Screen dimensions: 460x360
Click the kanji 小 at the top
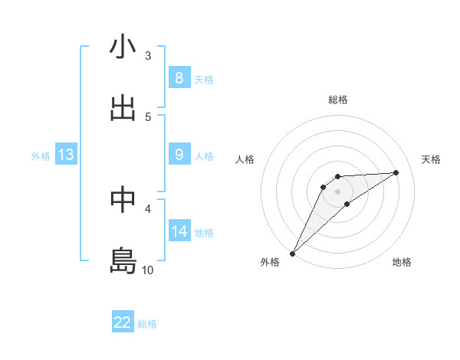pos(123,47)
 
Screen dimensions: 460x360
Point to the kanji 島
pos(123,260)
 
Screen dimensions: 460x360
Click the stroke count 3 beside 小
pos(148,56)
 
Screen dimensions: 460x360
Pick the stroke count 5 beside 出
pos(148,116)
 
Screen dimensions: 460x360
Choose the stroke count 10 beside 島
pos(148,270)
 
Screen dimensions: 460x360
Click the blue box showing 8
pos(179,78)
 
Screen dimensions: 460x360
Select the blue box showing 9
pos(179,155)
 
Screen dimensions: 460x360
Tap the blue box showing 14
pos(179,231)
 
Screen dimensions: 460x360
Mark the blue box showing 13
pos(66,155)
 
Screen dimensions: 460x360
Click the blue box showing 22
pos(123,322)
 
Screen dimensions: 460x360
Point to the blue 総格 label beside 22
pos(148,324)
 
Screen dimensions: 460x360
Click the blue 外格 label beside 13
pos(41,156)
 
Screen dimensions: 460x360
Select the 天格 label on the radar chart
pos(431,159)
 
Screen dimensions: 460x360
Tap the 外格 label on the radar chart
pos(270,262)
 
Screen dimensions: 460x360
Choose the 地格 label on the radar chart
pos(402,262)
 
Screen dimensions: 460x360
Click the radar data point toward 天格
pos(396,172)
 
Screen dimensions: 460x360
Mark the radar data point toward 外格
pos(292,254)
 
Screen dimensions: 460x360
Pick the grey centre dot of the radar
pos(337,191)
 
